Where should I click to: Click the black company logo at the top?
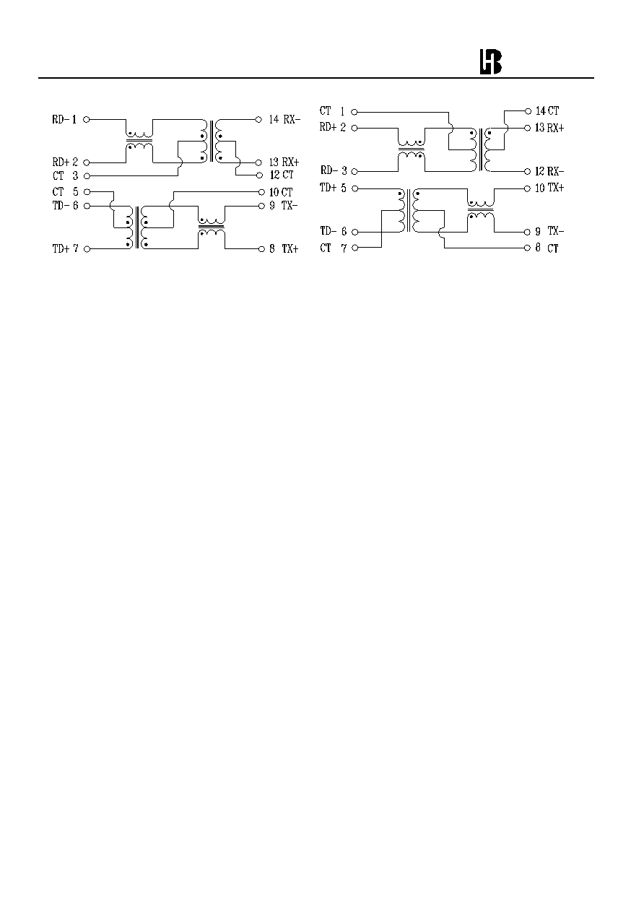[490, 62]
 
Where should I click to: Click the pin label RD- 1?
[64, 120]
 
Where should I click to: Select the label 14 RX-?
[284, 119]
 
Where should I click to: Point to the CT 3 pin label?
[65, 176]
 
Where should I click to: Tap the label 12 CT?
[282, 175]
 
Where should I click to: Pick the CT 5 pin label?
[65, 192]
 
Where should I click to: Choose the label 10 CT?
[281, 192]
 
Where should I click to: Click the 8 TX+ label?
[284, 249]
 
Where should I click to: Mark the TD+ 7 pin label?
[65, 249]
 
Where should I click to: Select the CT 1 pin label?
[332, 111]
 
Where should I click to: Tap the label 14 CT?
[547, 110]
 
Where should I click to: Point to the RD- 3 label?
[334, 170]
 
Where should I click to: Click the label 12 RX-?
[549, 171]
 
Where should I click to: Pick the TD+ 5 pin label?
[333, 188]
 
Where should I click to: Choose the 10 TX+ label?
[549, 188]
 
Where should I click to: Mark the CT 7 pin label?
[333, 248]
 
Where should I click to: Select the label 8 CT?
[547, 248]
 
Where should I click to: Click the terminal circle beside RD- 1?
[87, 120]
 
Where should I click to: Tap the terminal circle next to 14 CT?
[528, 111]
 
